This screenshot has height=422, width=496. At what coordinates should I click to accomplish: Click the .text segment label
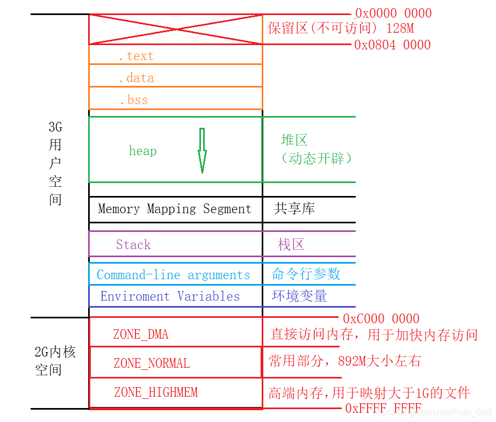136,56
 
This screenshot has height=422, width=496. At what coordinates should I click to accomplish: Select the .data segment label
136,78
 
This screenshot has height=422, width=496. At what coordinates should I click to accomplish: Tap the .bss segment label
133,100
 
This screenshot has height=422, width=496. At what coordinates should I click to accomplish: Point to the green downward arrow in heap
202,151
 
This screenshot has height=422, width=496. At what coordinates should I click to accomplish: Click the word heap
143,151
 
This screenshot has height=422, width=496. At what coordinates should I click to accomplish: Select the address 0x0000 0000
393,13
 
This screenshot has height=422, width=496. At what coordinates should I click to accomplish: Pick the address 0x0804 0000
392,45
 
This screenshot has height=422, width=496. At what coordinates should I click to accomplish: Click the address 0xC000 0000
381,318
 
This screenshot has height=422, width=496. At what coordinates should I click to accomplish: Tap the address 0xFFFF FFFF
383,409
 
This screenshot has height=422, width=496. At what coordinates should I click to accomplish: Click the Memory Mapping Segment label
175,209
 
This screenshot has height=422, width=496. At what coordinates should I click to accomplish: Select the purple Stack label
133,245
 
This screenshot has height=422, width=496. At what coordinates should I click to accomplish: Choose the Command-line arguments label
174,275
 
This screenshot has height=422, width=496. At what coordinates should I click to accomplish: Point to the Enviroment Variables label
170,296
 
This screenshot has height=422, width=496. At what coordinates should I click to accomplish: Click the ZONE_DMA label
141,334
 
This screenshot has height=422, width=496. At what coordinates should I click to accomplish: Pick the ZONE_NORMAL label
152,363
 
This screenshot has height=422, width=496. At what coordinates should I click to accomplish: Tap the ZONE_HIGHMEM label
156,392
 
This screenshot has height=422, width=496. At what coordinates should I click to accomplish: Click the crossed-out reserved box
175,29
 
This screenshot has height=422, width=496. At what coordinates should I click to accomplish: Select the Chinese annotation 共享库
294,209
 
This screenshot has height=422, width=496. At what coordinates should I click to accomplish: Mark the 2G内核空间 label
55,360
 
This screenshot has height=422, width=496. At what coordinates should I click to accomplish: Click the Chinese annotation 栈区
291,245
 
